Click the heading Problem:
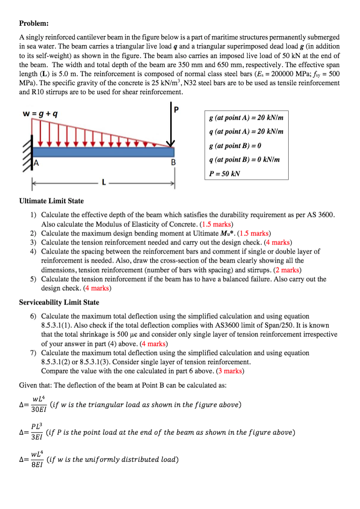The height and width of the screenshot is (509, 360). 34,23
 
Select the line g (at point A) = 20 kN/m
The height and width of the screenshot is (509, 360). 246,117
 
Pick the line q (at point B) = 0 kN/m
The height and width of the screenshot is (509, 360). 246,159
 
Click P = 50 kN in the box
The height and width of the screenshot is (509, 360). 224,173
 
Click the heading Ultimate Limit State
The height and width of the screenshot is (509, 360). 51,201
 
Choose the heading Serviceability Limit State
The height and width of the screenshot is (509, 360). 59,302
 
